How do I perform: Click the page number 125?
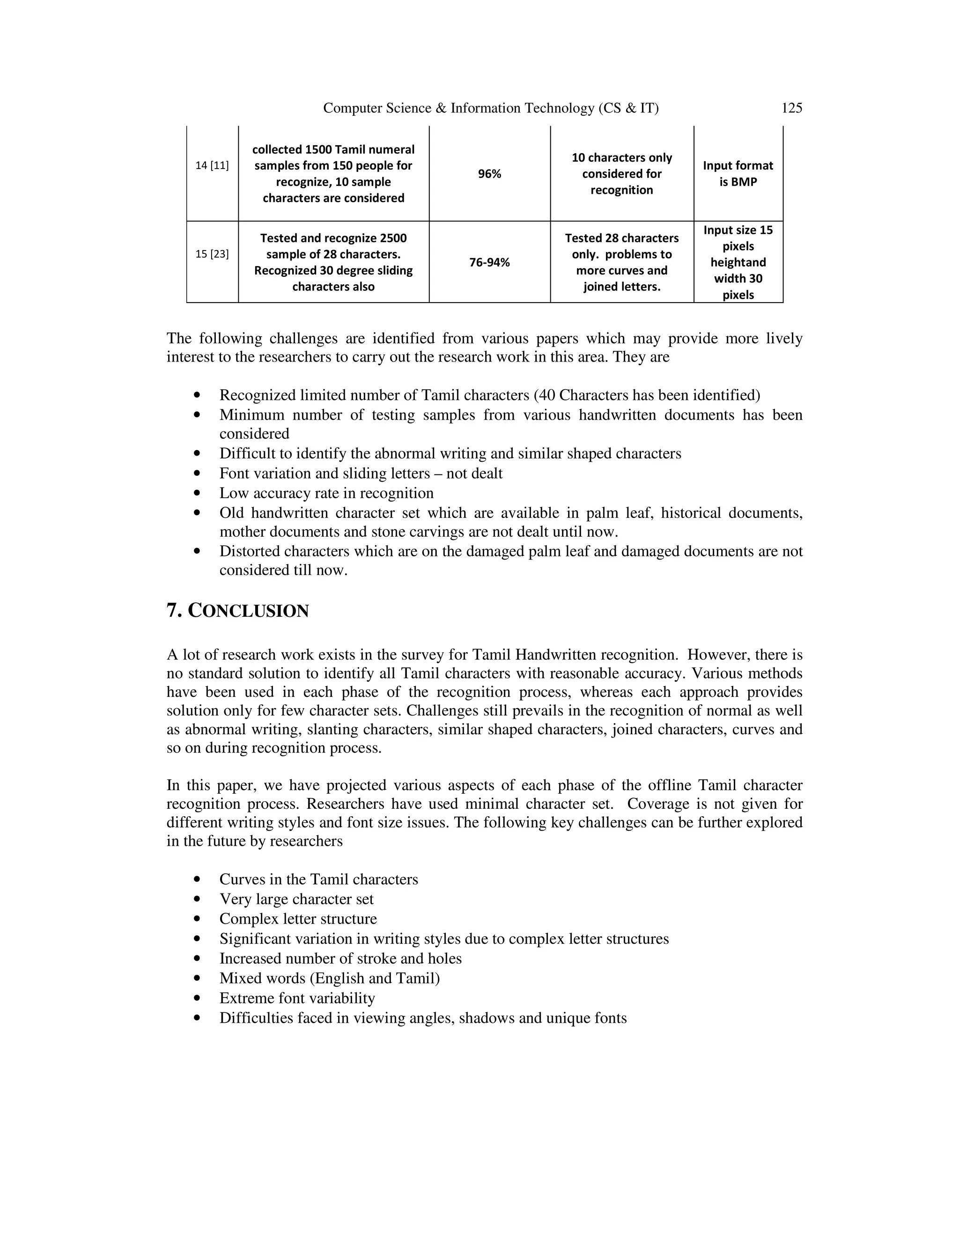[791, 108]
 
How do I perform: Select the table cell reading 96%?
[489, 174]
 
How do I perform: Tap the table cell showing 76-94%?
[489, 263]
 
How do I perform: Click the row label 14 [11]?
[212, 166]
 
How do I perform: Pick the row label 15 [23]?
[212, 254]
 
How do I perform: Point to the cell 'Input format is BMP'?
[738, 174]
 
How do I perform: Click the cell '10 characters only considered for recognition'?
[621, 174]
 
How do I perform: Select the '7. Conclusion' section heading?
[237, 611]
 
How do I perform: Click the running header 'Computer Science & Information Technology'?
[491, 108]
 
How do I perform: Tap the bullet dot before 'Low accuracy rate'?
[197, 493]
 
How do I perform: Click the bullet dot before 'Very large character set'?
[197, 900]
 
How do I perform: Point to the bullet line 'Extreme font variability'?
[297, 998]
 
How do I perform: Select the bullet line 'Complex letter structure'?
[298, 919]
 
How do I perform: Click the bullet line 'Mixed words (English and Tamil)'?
[330, 978]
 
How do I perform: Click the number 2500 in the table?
[392, 238]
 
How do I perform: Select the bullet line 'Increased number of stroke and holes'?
[340, 959]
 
